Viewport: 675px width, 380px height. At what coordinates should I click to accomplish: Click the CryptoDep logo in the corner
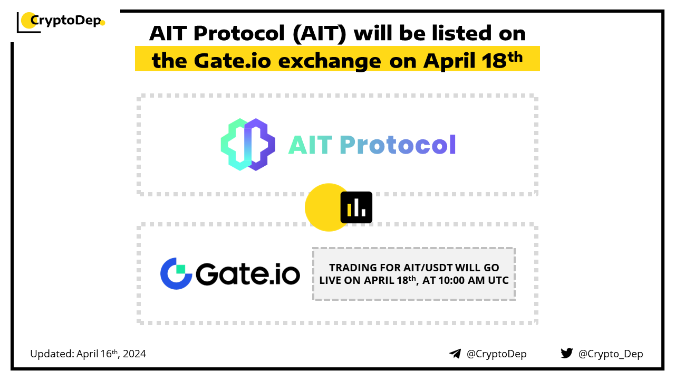61,22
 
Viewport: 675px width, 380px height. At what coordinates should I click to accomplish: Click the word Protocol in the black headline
239,33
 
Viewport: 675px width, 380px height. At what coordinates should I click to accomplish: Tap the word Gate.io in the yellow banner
233,61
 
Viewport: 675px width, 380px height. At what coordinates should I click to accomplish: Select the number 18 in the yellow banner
494,61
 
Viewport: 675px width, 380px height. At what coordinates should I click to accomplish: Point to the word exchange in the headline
330,62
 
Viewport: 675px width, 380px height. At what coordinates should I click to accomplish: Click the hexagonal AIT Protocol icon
248,145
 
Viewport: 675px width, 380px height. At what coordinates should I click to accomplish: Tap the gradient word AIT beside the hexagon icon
311,145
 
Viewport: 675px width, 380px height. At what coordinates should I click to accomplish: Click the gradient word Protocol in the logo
398,145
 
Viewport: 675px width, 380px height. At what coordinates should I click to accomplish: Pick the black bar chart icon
356,207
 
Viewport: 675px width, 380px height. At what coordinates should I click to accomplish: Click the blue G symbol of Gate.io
176,273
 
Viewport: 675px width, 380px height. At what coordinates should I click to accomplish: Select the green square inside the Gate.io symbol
180,269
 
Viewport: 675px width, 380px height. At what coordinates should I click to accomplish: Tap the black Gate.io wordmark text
248,274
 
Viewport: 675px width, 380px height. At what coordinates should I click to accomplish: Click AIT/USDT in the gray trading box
428,268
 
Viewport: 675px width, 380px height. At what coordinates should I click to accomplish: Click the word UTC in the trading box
498,280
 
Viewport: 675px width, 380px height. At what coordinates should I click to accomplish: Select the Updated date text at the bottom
88,354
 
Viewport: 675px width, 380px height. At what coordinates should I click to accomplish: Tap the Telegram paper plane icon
455,354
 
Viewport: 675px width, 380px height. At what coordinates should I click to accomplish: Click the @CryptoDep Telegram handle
496,354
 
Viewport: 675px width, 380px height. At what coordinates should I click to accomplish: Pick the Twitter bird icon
566,353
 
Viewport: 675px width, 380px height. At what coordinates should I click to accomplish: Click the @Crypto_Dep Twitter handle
611,354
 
